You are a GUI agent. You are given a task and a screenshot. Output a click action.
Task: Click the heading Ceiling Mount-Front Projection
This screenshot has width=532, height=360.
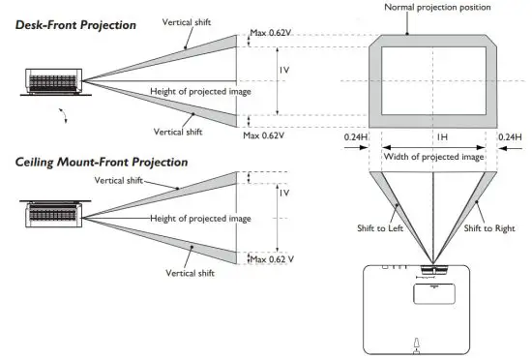[102, 162]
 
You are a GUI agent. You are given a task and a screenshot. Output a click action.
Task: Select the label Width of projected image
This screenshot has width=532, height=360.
[434, 156]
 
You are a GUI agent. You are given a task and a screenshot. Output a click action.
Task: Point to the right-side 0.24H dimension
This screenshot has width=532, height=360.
[511, 137]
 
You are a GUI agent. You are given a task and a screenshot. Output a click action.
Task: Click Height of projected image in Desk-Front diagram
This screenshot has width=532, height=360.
[199, 91]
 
